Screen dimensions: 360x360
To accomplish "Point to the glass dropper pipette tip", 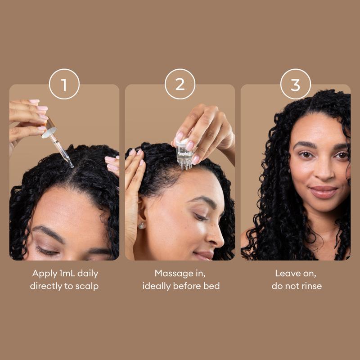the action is click(72, 166).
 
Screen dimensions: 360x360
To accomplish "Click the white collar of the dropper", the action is click(49, 133).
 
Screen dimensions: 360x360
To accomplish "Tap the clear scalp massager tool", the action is click(184, 154).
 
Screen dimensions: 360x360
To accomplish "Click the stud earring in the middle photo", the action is click(141, 225).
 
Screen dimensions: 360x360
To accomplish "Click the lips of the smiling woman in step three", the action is click(324, 192).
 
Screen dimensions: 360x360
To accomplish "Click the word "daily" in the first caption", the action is click(88, 274).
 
